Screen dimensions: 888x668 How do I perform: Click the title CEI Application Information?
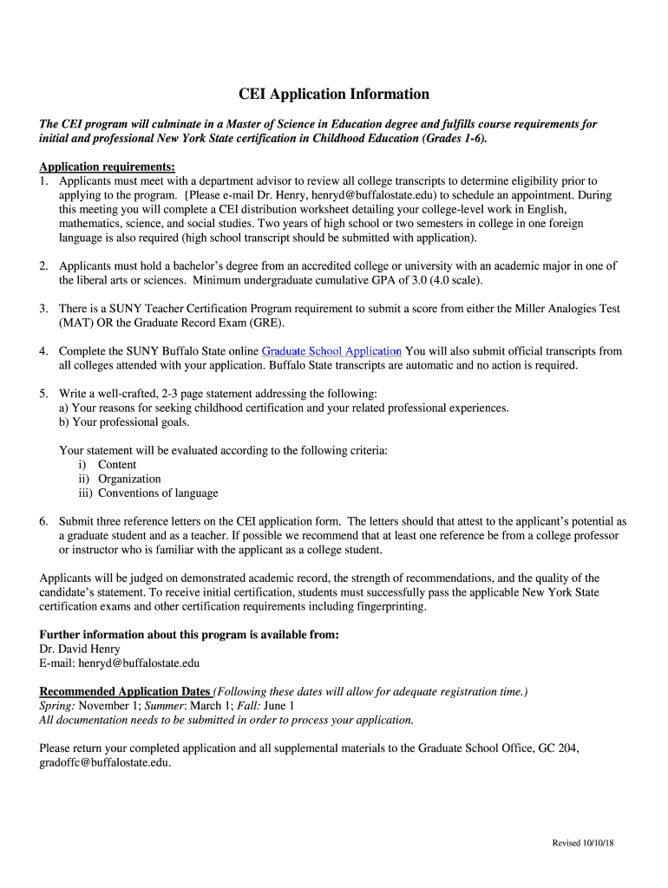click(x=334, y=94)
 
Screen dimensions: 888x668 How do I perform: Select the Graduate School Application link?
click(x=331, y=351)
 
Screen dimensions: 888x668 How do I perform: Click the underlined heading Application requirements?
click(x=108, y=166)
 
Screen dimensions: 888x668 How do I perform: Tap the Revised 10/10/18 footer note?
click(x=583, y=844)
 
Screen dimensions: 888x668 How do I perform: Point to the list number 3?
click(x=43, y=309)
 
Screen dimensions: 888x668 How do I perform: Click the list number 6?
click(x=43, y=521)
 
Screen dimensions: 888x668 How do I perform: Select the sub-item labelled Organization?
click(x=129, y=479)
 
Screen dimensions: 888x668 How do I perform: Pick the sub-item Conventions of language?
click(x=158, y=493)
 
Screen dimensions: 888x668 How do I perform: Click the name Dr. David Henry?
click(x=80, y=649)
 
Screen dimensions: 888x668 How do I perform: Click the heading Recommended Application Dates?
click(x=125, y=691)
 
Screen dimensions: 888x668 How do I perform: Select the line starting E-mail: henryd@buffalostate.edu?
click(x=120, y=663)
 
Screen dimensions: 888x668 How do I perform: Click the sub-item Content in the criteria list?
click(x=117, y=465)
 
